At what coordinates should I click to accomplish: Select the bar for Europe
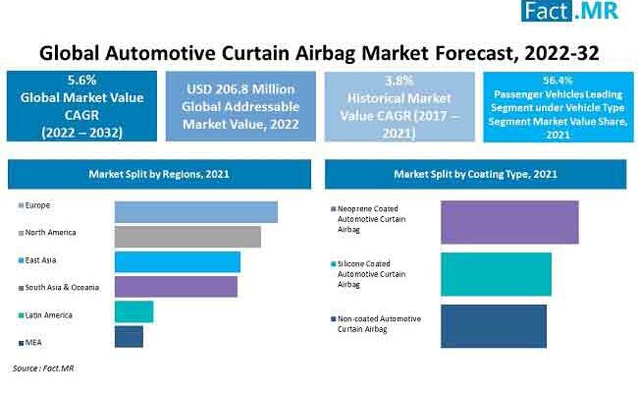[195, 211]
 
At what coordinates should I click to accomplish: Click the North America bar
[187, 237]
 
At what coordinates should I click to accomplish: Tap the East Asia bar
[177, 261]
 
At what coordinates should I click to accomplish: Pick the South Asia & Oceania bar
[176, 286]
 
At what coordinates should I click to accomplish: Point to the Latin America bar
[133, 311]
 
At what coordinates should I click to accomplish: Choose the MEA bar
[129, 337]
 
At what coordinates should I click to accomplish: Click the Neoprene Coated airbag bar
[496, 221]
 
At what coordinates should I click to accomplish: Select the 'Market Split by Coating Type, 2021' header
[475, 174]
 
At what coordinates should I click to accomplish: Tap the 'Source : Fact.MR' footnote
[43, 368]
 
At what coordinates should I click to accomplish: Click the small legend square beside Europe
[21, 205]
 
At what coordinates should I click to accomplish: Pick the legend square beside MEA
[21, 342]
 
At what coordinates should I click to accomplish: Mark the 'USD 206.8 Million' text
[239, 87]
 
